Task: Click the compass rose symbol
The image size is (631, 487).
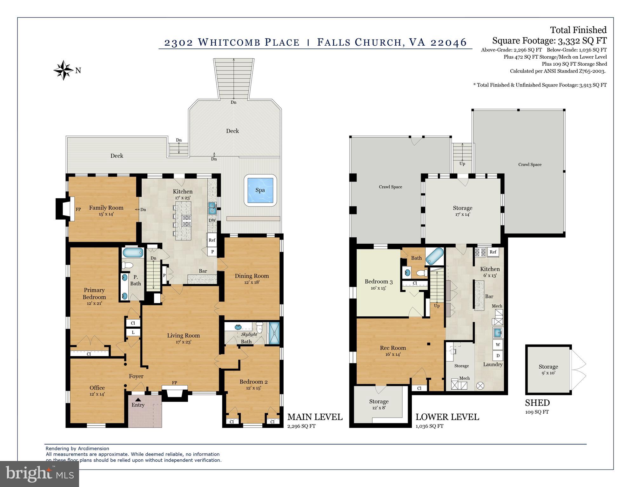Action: point(64,70)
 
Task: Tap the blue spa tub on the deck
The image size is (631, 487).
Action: point(260,190)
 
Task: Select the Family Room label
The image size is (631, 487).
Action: point(106,208)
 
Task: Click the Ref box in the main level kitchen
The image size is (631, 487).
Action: point(212,240)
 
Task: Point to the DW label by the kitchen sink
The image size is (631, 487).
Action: point(212,220)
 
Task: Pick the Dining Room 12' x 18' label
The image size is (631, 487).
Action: point(252,279)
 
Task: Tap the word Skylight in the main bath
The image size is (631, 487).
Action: point(249,334)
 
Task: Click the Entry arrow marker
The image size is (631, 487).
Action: point(138,400)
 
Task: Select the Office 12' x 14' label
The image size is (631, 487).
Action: point(97,391)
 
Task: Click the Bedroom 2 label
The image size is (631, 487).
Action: point(253,382)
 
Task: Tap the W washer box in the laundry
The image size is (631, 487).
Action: point(498,345)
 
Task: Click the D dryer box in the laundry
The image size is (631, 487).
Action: point(498,355)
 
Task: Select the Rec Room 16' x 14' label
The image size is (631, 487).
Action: point(393,351)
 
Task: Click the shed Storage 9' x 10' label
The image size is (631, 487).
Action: point(548,369)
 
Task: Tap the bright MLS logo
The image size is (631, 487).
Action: point(39,474)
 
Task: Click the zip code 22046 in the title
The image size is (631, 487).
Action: point(448,42)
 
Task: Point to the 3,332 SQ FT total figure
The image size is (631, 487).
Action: point(582,41)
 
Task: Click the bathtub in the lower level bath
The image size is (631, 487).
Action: point(434,256)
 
